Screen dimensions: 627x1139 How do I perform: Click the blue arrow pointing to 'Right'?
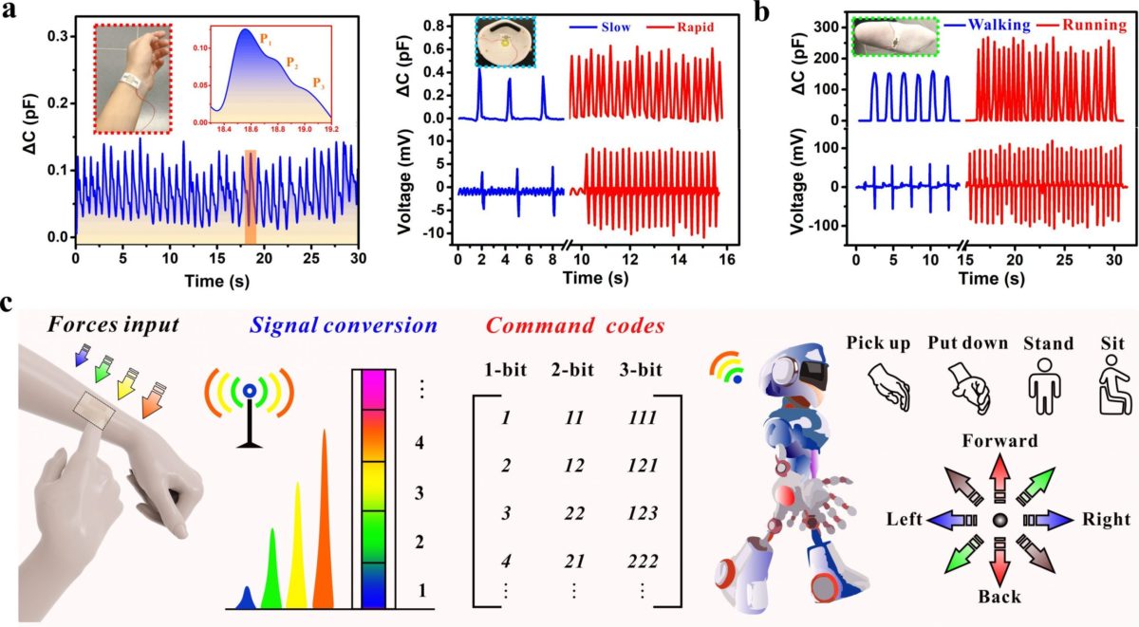1049,520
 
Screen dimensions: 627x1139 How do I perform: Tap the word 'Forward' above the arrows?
999,440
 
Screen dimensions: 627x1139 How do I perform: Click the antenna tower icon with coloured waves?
248,408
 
